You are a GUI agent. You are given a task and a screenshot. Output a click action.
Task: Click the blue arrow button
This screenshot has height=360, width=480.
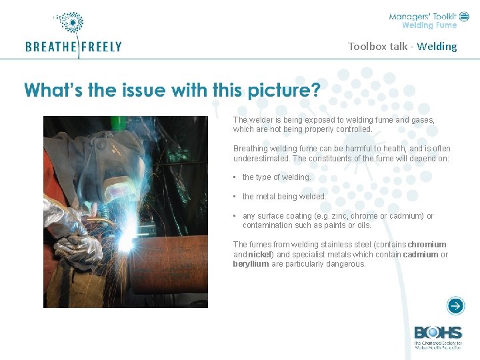coord(455,306)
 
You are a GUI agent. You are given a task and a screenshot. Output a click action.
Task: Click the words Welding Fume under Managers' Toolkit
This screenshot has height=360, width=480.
coord(429,25)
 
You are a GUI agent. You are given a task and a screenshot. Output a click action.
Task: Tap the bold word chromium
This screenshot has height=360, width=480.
coord(427,245)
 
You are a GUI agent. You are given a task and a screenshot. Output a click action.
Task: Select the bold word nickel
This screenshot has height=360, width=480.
coord(261,254)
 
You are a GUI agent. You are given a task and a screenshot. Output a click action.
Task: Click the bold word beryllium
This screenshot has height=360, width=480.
coord(251,263)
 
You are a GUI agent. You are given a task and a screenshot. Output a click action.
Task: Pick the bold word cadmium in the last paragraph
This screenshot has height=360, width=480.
coord(421,254)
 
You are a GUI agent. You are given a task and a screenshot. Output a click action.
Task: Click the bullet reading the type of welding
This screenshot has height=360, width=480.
coord(276,177)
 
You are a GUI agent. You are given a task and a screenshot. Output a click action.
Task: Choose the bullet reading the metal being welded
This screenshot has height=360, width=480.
coord(284,197)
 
